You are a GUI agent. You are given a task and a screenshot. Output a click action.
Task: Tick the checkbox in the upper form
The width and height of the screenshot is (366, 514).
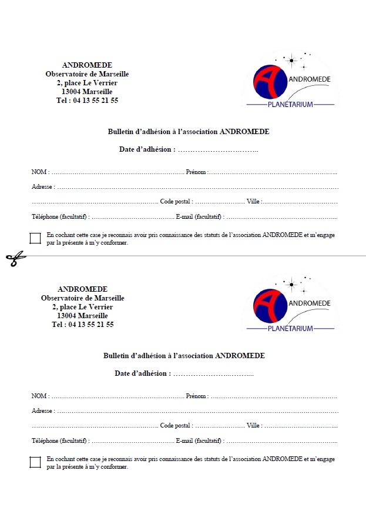[x=35, y=238]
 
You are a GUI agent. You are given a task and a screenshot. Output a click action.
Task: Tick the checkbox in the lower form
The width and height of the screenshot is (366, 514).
[x=35, y=462]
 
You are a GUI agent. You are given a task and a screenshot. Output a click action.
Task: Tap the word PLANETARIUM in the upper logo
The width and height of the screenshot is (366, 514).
[x=290, y=104]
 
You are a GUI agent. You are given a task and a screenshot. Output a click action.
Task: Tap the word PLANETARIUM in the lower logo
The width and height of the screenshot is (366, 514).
[x=290, y=328]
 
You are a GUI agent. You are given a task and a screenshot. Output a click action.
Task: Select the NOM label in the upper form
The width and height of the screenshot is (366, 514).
[x=39, y=172]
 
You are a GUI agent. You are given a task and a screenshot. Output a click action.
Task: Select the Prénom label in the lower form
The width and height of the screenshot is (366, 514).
[x=196, y=396]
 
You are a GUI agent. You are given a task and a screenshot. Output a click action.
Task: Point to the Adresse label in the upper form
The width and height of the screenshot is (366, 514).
[x=42, y=187]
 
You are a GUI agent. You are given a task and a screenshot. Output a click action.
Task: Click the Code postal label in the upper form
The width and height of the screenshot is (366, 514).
[x=176, y=202]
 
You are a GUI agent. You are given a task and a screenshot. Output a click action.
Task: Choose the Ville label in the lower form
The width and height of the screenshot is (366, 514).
[x=253, y=426]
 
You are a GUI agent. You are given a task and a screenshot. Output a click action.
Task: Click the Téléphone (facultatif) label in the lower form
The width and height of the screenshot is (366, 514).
[x=60, y=441]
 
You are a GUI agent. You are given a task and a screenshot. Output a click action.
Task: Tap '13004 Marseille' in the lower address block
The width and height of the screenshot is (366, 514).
[x=83, y=316]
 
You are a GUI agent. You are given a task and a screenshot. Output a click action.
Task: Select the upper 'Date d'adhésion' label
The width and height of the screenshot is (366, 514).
[x=147, y=149]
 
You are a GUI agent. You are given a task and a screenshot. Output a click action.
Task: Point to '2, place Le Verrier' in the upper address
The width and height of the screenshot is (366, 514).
[x=87, y=83]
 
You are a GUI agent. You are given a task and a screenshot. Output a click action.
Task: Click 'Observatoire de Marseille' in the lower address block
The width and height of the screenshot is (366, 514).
[x=83, y=298]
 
